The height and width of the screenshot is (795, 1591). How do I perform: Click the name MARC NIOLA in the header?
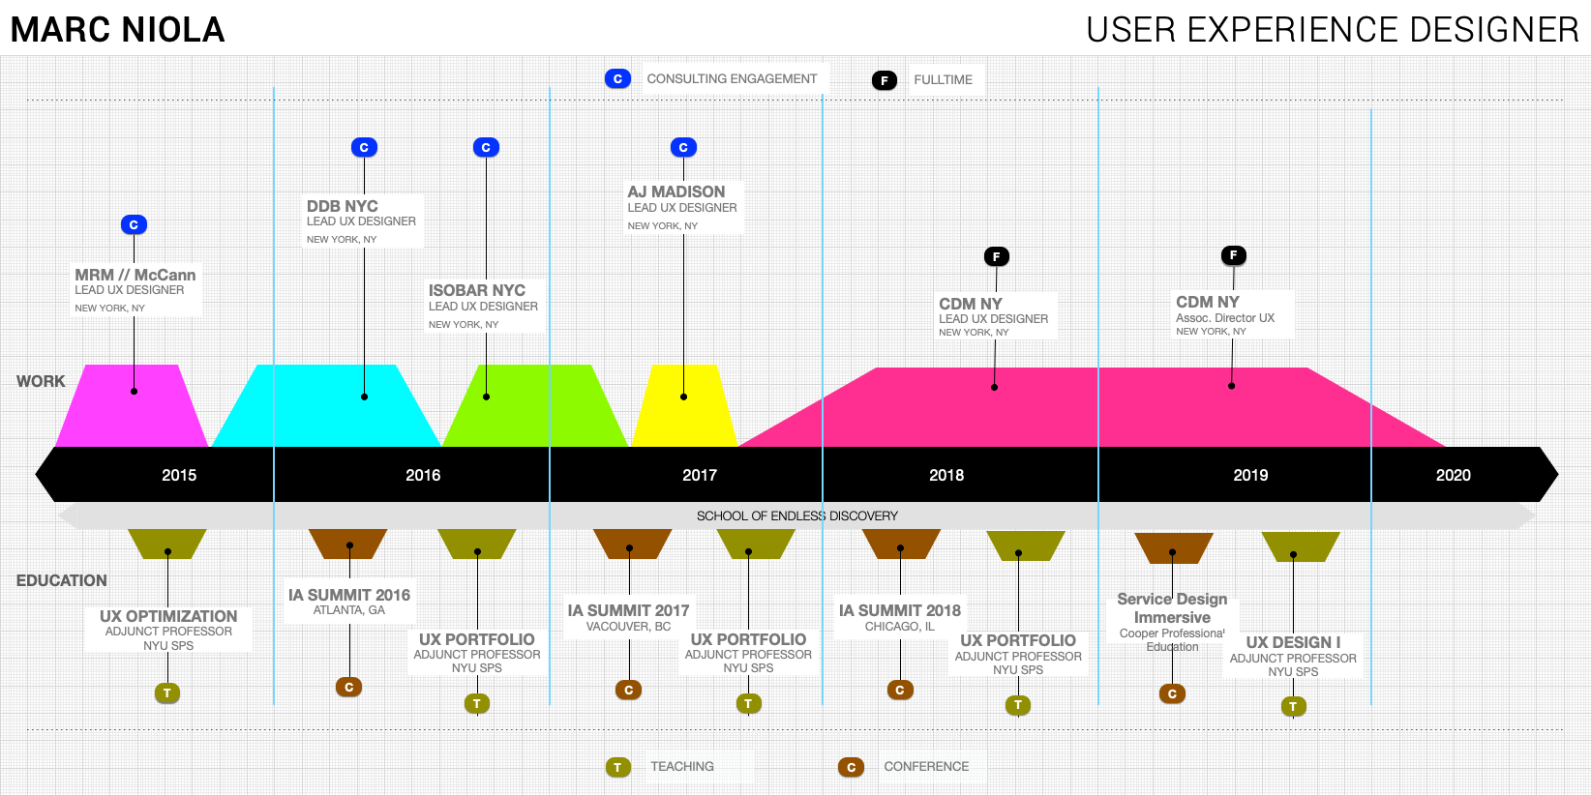click(x=117, y=30)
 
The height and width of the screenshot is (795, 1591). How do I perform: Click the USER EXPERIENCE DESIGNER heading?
click(x=1332, y=30)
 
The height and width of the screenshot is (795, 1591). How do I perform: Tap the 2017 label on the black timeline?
click(x=699, y=475)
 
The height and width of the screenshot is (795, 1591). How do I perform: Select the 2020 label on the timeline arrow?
click(x=1453, y=475)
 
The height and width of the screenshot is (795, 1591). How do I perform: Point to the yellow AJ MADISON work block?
click(x=684, y=411)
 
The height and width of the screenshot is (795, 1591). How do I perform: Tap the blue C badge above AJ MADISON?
click(x=683, y=147)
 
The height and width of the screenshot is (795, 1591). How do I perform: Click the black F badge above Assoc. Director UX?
click(x=1233, y=255)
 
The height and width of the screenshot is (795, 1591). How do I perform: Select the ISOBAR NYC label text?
click(x=477, y=290)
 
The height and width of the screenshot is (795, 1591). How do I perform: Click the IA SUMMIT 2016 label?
click(x=349, y=595)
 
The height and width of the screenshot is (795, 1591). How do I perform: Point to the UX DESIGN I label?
click(x=1293, y=642)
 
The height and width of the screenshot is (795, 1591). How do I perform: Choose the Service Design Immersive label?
click(x=1172, y=608)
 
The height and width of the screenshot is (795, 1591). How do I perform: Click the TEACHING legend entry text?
click(x=682, y=766)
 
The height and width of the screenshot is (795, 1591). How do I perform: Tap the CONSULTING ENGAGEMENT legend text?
click(x=732, y=79)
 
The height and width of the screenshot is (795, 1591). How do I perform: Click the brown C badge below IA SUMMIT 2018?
click(x=900, y=690)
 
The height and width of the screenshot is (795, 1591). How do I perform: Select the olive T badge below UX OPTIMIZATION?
click(x=167, y=692)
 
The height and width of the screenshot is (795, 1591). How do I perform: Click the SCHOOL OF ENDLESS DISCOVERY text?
click(x=796, y=515)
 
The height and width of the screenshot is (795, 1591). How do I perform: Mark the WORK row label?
click(x=41, y=381)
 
